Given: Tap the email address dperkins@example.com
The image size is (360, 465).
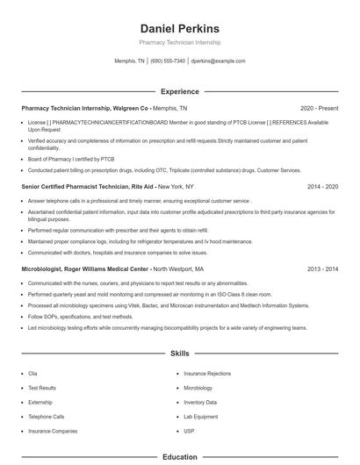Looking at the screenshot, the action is click(x=218, y=61).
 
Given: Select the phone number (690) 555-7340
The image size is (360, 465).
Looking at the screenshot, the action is click(x=168, y=61).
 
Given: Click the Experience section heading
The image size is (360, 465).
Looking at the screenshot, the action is click(x=179, y=91).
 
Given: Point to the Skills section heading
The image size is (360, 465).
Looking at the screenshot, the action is click(x=179, y=354).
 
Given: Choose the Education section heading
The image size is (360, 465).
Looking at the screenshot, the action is click(x=179, y=457).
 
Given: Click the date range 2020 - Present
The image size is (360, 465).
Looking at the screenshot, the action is click(x=319, y=108).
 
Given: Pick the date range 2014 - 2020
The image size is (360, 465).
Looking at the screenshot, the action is click(x=322, y=187).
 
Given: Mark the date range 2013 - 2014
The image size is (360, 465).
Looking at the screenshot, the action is click(x=322, y=269).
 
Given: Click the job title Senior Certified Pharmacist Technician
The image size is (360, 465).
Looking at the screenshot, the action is click(x=76, y=187).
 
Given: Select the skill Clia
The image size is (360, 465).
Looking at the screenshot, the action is click(x=32, y=373).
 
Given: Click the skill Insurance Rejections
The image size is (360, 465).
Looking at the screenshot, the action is click(x=207, y=373).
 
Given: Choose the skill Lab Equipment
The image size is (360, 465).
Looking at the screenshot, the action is click(x=200, y=417).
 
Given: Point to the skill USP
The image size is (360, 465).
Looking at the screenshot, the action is click(x=190, y=431).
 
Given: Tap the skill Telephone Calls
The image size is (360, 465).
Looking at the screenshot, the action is click(x=47, y=417).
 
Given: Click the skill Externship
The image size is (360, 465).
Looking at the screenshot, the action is click(x=40, y=402).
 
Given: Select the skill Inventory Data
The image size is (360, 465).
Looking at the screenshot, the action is click(x=200, y=402).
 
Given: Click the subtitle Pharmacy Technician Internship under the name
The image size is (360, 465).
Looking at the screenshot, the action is click(x=179, y=42).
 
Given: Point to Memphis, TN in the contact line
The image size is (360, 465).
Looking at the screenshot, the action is click(x=130, y=61).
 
